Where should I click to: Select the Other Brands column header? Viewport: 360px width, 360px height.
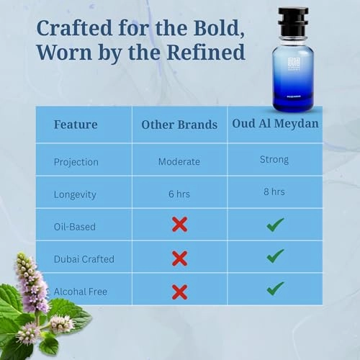point(179,125)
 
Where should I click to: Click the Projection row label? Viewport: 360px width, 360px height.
point(76,161)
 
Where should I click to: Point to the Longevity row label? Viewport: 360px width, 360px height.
point(76,194)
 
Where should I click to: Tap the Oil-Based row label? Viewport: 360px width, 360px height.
point(75,226)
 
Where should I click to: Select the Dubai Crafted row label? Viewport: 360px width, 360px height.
point(84,258)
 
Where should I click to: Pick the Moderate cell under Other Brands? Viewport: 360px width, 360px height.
point(179,161)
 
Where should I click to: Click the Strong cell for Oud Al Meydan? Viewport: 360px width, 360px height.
point(274,160)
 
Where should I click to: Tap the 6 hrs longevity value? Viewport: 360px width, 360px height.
point(179,194)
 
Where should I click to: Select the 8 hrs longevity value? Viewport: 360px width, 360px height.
point(274,192)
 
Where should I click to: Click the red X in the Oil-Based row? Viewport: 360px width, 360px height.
point(179,225)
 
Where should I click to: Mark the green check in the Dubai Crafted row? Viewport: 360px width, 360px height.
point(275,256)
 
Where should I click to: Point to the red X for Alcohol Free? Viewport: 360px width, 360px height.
point(179,292)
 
